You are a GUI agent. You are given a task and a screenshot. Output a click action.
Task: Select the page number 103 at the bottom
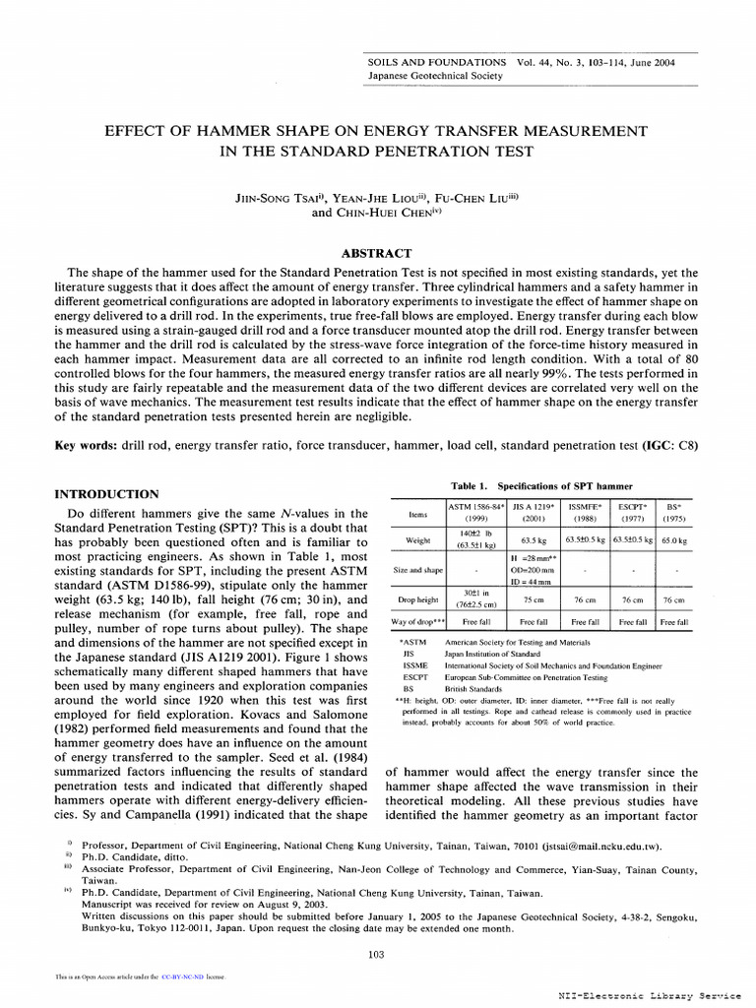click(x=375, y=953)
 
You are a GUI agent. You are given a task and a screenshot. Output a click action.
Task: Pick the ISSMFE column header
click(x=586, y=507)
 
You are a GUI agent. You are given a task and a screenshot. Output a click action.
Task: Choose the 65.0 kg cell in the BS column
click(x=674, y=540)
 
